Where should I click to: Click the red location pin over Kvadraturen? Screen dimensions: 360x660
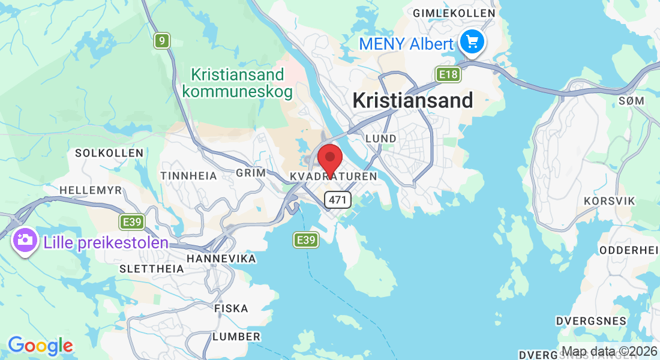[x=329, y=159]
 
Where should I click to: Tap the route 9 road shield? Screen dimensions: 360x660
[x=161, y=41]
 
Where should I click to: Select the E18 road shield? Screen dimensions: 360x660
[x=448, y=74]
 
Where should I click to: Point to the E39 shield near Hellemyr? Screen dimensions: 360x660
[x=131, y=223]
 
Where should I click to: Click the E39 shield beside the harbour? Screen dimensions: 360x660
[x=305, y=240]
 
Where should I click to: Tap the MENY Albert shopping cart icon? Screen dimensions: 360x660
[x=472, y=42]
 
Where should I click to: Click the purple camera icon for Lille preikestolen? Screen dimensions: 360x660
[x=25, y=240]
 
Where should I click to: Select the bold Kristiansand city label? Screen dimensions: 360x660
[x=413, y=100]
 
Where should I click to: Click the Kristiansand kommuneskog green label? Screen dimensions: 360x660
[x=238, y=83]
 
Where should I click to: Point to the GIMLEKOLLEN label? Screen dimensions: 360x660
[x=454, y=13]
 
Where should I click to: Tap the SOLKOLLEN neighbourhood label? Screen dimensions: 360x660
[x=109, y=153]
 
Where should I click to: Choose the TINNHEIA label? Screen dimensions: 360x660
[x=188, y=175]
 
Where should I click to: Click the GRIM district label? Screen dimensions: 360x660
[x=251, y=173]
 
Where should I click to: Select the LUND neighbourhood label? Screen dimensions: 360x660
[x=381, y=139]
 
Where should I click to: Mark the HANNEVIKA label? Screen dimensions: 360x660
[x=221, y=259]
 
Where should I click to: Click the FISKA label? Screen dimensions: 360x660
[x=231, y=308]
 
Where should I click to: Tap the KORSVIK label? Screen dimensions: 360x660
[x=609, y=200]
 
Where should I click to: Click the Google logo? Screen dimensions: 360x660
[x=40, y=346]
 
